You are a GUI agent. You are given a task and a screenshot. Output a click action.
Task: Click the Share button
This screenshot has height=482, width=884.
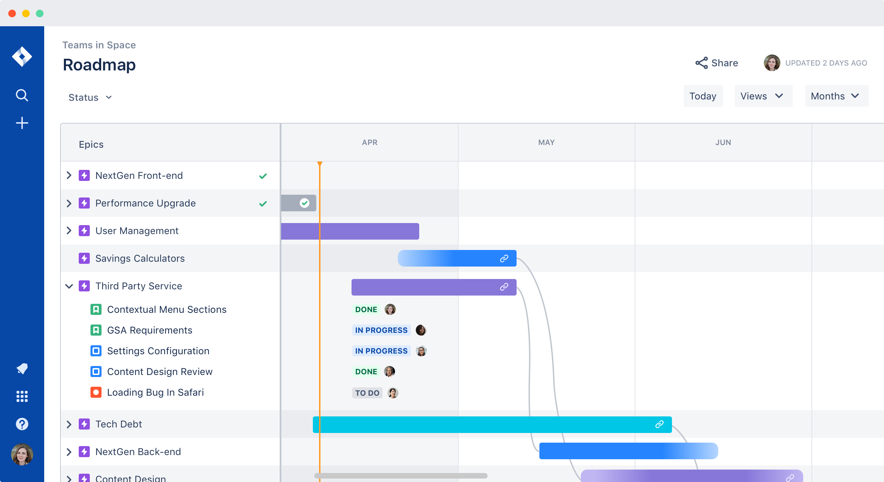tap(717, 63)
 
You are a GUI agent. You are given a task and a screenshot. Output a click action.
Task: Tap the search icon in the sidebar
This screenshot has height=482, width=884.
tap(22, 95)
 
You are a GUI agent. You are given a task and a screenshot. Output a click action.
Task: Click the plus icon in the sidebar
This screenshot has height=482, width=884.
tap(22, 123)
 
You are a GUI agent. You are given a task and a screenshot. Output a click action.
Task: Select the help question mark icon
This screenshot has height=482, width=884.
tap(22, 424)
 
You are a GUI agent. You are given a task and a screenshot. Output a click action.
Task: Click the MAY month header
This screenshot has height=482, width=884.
tap(546, 142)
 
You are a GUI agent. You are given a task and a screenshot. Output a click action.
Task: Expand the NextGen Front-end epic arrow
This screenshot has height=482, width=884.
tap(69, 175)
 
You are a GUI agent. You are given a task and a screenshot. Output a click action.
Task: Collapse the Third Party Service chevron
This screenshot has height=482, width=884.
tap(69, 286)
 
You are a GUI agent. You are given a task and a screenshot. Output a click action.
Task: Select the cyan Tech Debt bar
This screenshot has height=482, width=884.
tap(483, 424)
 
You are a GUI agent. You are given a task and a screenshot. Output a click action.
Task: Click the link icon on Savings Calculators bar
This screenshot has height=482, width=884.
tap(504, 258)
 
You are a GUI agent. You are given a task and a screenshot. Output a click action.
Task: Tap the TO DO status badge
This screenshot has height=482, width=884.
tap(367, 393)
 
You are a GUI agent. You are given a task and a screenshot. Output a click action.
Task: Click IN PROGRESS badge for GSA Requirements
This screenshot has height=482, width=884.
tap(381, 330)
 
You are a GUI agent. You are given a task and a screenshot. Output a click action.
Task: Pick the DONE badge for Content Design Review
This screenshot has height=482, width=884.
tap(366, 372)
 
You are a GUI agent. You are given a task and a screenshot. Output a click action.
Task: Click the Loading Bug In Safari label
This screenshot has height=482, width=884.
tap(155, 392)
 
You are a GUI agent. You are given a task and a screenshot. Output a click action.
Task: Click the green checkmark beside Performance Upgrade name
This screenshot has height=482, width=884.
tap(263, 203)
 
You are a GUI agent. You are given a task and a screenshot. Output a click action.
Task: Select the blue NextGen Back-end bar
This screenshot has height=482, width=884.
tap(622, 451)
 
